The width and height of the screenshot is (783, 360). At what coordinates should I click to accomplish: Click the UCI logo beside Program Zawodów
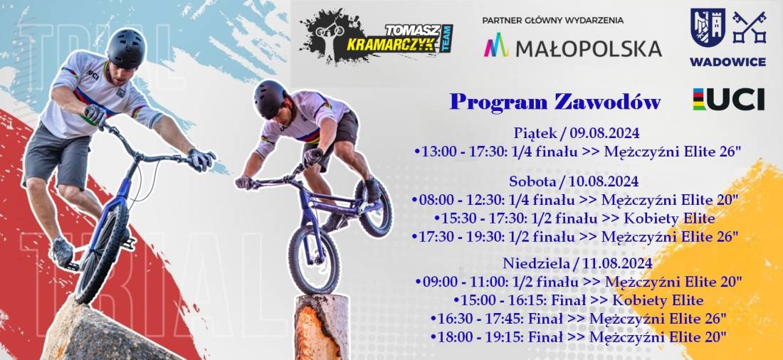click(729, 99)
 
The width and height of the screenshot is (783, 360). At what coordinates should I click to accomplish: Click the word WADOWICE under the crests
click(727, 62)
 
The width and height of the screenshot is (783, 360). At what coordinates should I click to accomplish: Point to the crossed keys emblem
click(749, 27)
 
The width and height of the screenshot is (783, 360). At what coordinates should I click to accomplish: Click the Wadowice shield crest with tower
click(708, 28)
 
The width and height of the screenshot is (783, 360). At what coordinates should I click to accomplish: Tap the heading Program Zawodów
click(555, 102)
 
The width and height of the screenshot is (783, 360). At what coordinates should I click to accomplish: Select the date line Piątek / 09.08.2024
click(577, 133)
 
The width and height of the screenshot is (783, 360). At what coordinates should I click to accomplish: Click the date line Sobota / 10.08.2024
click(574, 180)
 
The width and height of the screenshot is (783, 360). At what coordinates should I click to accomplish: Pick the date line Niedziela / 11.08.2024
click(577, 263)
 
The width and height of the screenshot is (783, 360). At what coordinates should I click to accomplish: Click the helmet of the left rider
click(126, 48)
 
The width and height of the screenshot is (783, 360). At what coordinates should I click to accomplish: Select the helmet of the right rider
click(270, 98)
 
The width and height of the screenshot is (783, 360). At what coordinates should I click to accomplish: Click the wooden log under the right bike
click(322, 327)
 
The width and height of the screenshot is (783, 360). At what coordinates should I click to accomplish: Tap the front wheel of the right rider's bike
click(314, 260)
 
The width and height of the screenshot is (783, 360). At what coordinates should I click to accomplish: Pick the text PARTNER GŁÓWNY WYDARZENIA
click(553, 21)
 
